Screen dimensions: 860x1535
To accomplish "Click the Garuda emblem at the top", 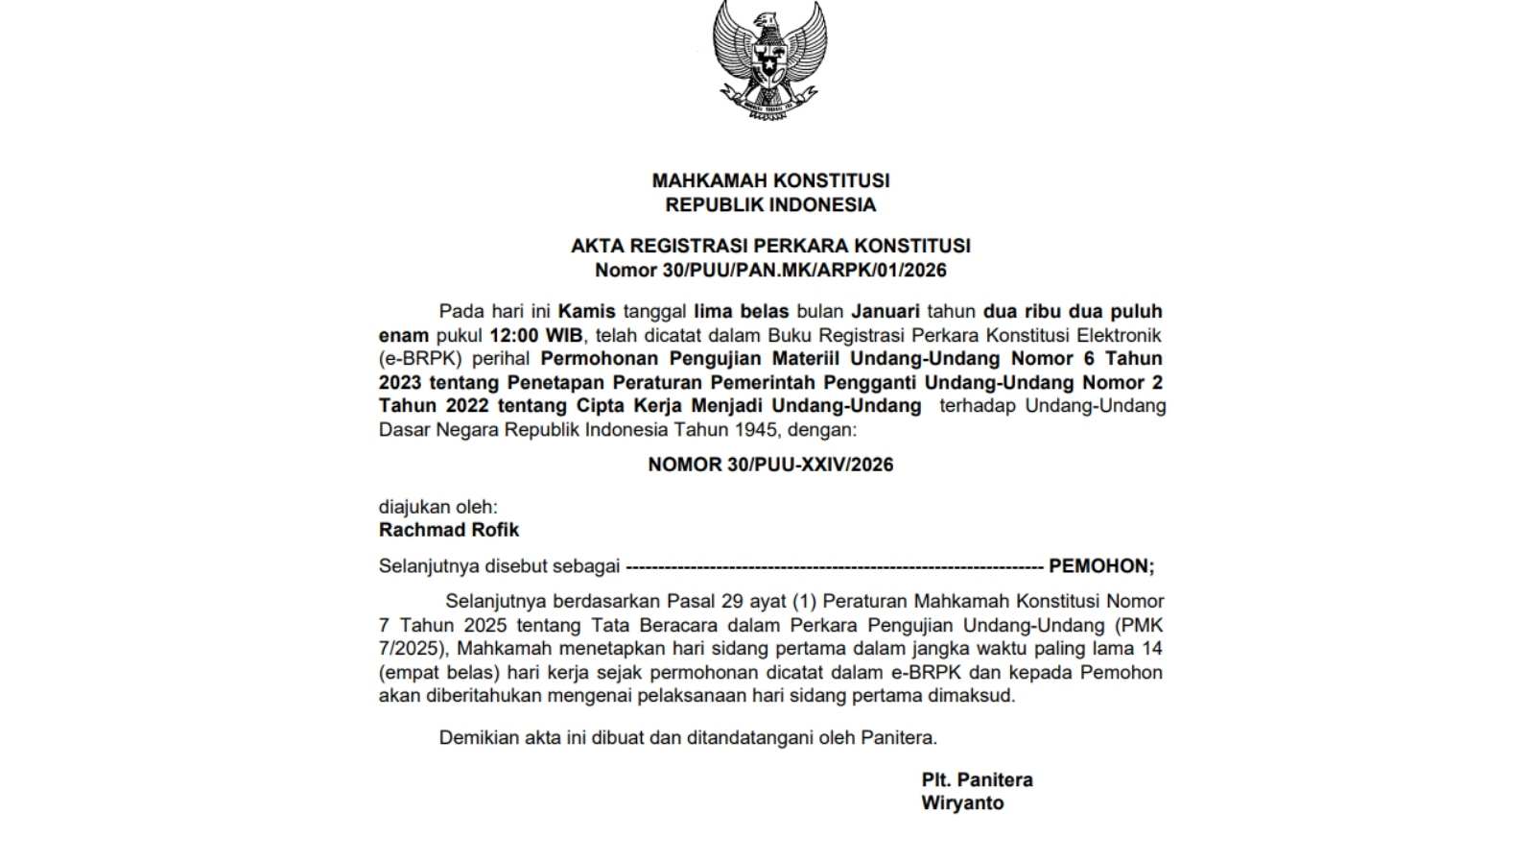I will point(769,60).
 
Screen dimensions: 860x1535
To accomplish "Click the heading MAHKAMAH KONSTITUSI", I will point(770,180).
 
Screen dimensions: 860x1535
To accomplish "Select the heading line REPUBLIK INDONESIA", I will point(770,204).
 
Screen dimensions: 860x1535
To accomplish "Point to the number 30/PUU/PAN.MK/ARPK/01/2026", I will point(804,270).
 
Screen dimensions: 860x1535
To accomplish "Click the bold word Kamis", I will point(586,311).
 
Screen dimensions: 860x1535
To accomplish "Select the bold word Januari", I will point(885,311).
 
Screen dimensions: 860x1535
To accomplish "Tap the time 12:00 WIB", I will point(536,335).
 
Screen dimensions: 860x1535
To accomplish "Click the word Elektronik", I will point(1119,335).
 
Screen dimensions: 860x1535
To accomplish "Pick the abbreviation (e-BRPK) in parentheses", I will point(420,358).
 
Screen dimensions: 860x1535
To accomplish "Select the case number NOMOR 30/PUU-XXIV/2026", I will point(770,465).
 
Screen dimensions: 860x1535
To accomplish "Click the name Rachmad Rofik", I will point(449,530).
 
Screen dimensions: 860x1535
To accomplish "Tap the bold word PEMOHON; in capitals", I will point(1101,566).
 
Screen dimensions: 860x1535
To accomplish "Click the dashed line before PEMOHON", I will point(835,566).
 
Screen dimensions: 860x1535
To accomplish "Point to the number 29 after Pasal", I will point(732,601).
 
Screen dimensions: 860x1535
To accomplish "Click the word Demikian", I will point(478,737).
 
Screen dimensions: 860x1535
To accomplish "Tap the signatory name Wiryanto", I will point(962,803).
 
